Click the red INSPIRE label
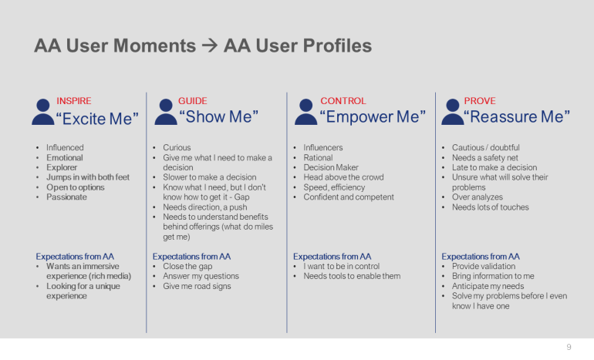[73, 101]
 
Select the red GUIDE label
[192, 101]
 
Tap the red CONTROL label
[343, 101]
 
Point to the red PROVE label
[480, 101]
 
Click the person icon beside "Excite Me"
[42, 113]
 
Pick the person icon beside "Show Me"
[165, 113]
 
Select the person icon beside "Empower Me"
[306, 113]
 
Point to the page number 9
[569, 347]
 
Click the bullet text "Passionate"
[66, 197]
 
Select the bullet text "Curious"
[177, 147]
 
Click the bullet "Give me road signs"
[197, 286]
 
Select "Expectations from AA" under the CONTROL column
[332, 256]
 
